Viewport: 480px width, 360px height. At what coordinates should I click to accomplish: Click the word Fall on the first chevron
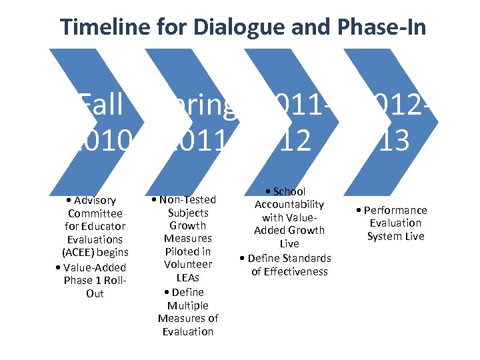point(101,105)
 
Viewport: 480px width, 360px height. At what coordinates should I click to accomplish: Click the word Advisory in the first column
point(95,200)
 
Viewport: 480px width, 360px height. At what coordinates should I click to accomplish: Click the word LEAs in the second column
point(188,277)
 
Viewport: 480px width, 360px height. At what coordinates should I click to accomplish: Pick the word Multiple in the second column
point(188,305)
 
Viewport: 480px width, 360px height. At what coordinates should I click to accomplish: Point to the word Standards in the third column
point(305,258)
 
